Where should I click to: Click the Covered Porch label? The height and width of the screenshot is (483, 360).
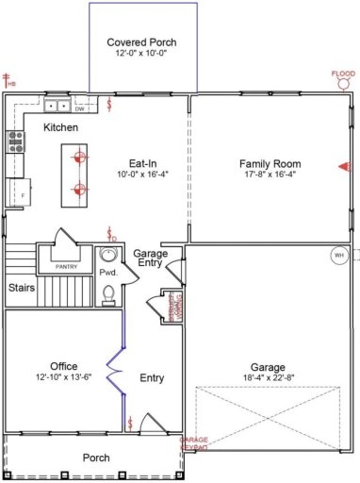pyautogui.click(x=141, y=42)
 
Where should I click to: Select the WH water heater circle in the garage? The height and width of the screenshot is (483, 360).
pyautogui.click(x=338, y=255)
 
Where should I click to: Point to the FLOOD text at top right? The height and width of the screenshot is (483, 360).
pyautogui.click(x=343, y=74)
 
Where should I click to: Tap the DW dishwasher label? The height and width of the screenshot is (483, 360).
pyautogui.click(x=80, y=108)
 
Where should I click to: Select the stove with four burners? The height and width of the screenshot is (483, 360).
pyautogui.click(x=16, y=142)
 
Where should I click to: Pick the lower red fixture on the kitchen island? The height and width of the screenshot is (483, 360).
pyautogui.click(x=80, y=190)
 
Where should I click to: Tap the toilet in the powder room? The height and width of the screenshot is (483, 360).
pyautogui.click(x=107, y=294)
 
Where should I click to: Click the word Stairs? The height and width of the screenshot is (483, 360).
pyautogui.click(x=23, y=288)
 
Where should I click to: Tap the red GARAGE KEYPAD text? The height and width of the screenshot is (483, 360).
pyautogui.click(x=194, y=443)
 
